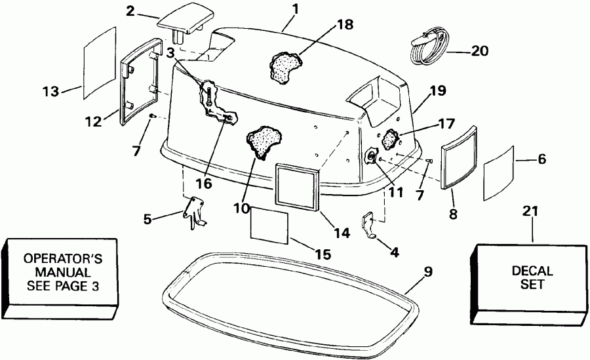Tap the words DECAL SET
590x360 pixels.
tap(532, 277)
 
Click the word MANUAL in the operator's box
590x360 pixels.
tap(64, 271)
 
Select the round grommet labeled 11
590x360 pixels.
tap(371, 157)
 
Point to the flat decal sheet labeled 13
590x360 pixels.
tap(99, 64)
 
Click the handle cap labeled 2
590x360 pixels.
tap(183, 24)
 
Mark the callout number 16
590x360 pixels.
tap(203, 184)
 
